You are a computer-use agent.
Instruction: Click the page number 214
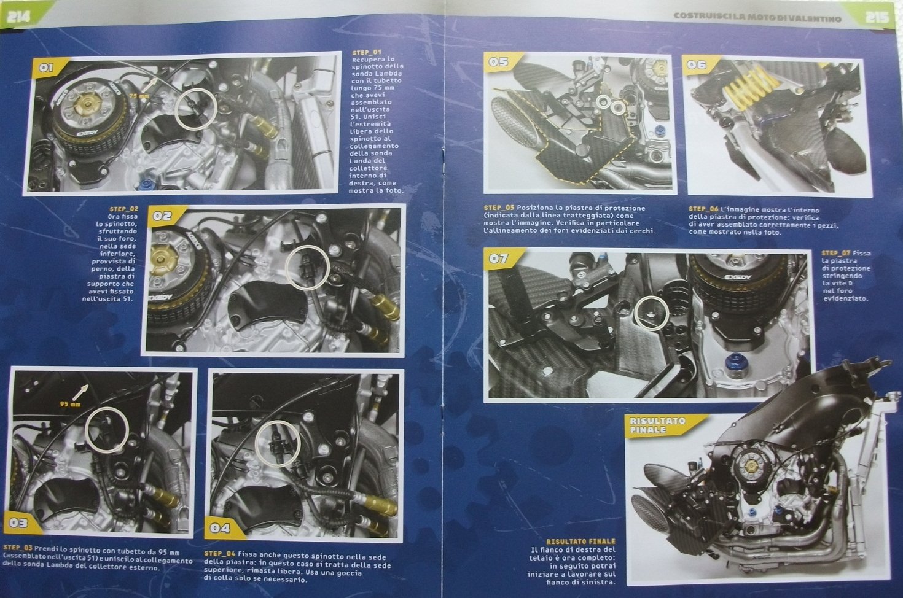(x=19, y=17)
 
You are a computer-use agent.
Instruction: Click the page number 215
(x=877, y=17)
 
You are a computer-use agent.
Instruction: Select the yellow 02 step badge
(x=163, y=216)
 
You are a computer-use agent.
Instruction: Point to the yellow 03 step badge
(x=20, y=522)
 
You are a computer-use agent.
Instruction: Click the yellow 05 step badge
(x=499, y=62)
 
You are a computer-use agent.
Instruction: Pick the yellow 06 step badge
(x=697, y=64)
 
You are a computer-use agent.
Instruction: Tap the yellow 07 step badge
(x=499, y=258)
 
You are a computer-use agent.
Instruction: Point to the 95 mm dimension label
(x=71, y=404)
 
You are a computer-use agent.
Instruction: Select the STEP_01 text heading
(x=367, y=52)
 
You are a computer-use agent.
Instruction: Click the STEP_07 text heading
(x=835, y=253)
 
